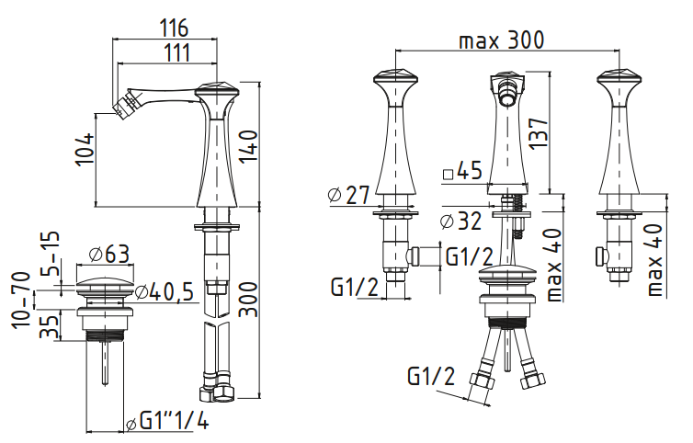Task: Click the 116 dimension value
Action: point(174,28)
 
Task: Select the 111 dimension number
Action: point(176,53)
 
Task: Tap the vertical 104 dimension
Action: point(85,150)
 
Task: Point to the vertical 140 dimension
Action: point(249,146)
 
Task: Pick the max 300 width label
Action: point(502,40)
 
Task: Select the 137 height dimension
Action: point(539,133)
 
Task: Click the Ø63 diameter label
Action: point(109,254)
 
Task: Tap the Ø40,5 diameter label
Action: point(165,291)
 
